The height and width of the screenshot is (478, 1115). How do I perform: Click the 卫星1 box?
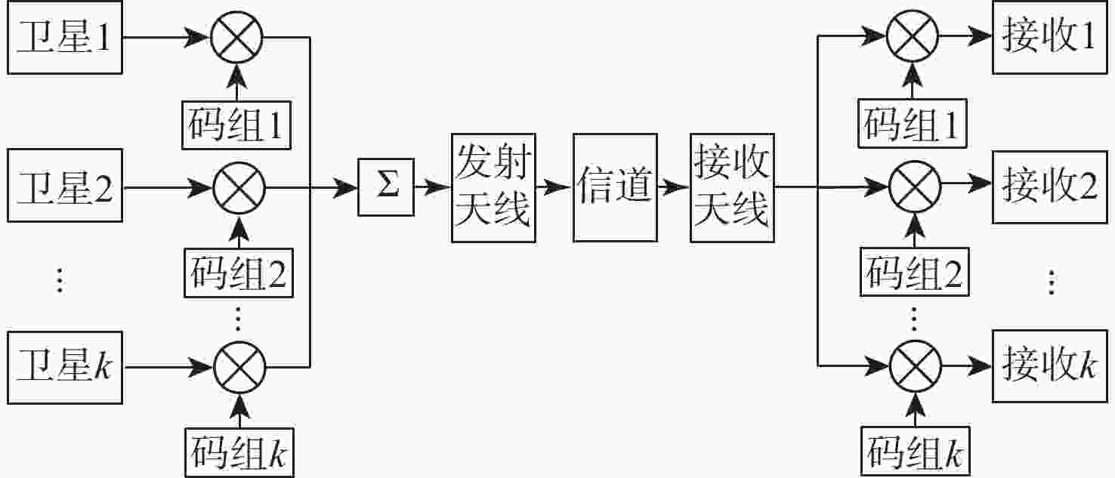coord(65,37)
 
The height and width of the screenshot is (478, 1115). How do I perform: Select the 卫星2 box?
coord(65,185)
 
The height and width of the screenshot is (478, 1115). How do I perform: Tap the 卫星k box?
coord(65,368)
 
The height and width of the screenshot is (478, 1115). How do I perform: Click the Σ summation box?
coord(386,187)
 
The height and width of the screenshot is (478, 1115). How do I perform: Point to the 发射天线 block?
coord(493,188)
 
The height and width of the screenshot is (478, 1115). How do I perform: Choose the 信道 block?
coord(615,188)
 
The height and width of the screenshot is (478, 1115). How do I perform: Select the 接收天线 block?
coord(732,188)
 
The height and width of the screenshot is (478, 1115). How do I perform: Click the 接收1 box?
coord(1050,37)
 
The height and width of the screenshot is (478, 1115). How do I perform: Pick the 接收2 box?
coord(1050,187)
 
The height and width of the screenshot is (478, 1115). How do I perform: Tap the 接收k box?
coord(1050,365)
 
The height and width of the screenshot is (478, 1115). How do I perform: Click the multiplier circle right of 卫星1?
coord(236,37)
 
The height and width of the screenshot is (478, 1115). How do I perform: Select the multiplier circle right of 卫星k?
coord(240,368)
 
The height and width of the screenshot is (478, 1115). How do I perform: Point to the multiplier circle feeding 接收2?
coord(915,187)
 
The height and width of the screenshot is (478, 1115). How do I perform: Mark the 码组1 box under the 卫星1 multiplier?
coord(236,125)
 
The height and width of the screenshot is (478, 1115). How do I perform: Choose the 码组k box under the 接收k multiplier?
coord(916,452)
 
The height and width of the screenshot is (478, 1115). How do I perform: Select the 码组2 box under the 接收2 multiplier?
coord(915,272)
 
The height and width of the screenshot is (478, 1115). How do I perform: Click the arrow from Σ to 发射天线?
coord(433,187)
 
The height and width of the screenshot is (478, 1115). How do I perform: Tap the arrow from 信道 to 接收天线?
coord(674,187)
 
